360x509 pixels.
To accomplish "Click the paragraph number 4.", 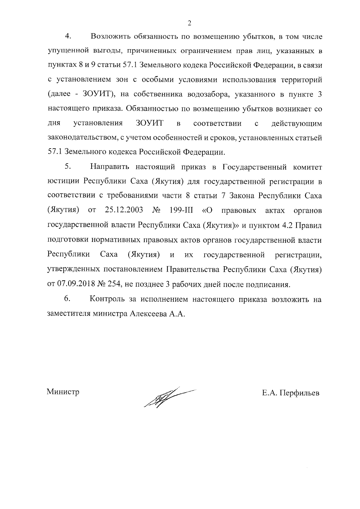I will (x=68, y=36).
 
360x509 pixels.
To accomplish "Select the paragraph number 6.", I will (x=67, y=299).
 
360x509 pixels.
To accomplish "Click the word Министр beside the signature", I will (x=63, y=392).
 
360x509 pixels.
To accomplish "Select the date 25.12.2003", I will (x=124, y=210).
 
